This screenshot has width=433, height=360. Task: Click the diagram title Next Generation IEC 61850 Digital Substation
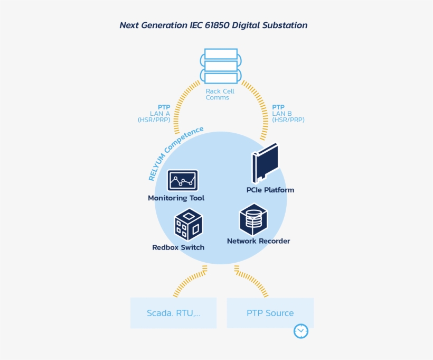tap(213, 25)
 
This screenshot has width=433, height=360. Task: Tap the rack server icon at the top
tap(220, 66)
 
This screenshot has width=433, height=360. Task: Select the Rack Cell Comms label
tap(220, 95)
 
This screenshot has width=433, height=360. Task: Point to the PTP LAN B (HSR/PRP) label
tap(288, 114)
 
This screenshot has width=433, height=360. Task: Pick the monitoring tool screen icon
tap(183, 180)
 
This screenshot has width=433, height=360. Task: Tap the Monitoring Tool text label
tap(176, 198)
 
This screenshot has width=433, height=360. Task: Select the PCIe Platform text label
tap(270, 190)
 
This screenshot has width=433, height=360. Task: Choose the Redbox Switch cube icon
tap(189, 224)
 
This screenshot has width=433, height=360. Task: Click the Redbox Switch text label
tap(178, 247)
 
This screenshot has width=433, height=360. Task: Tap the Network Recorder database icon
tap(253, 219)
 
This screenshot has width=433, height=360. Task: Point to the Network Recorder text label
tap(258, 241)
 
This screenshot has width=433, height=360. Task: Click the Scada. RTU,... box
tap(173, 313)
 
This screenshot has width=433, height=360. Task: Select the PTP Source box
tap(270, 313)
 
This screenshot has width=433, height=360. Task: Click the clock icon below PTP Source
tap(300, 331)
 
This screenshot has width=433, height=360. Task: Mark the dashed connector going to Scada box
tap(187, 282)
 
